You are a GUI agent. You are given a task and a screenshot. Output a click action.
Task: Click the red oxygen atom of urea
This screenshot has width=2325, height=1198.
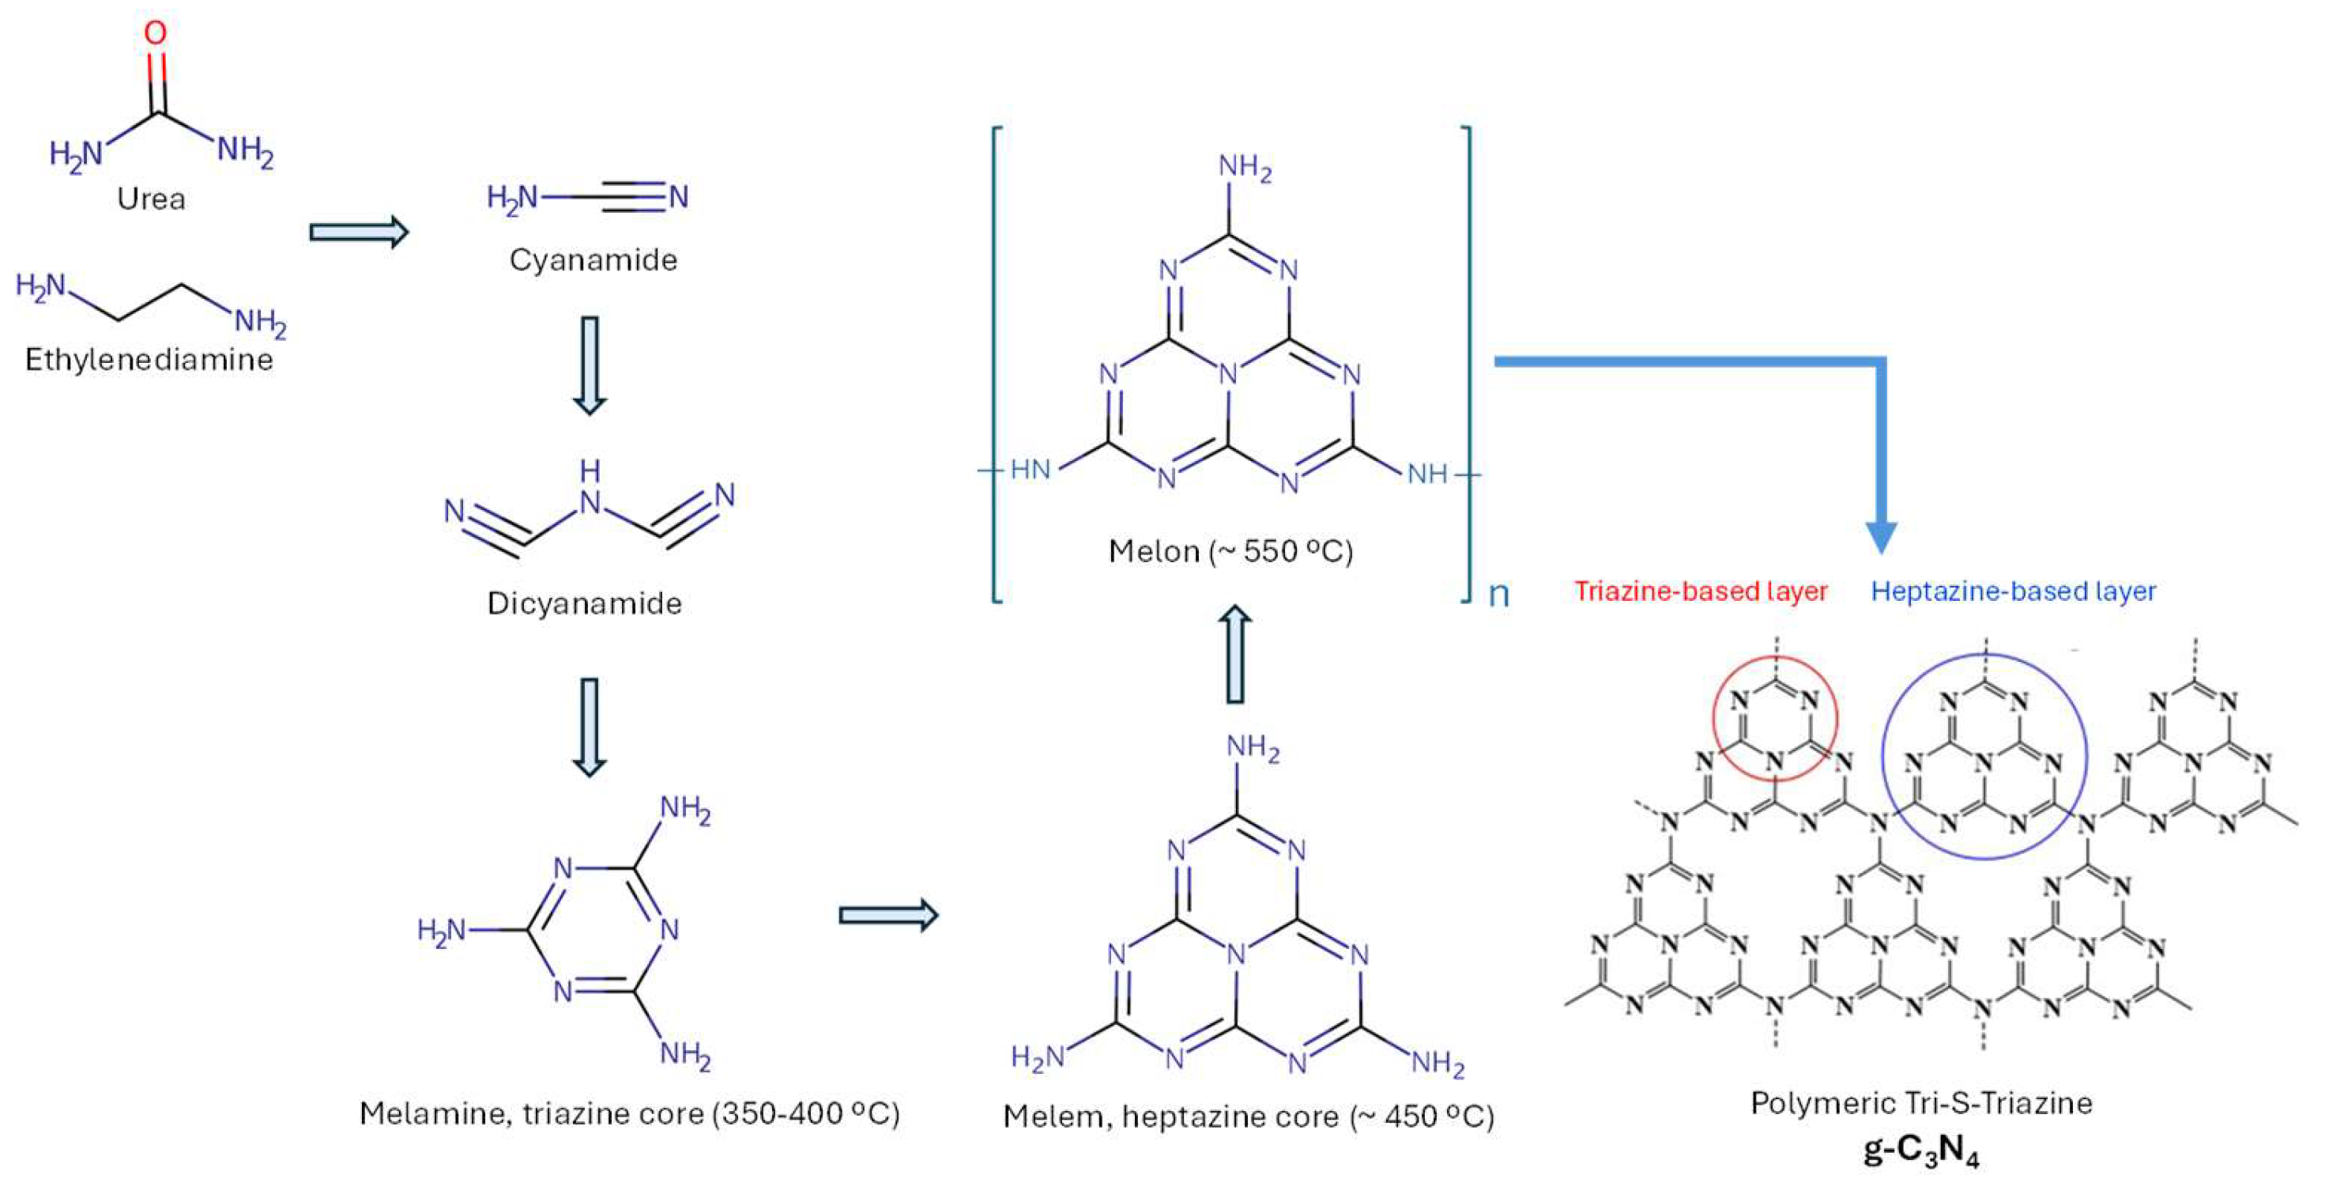155,32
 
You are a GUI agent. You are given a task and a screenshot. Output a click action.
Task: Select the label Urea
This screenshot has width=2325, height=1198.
151,198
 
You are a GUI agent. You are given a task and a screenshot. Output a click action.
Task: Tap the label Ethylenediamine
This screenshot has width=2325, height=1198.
149,359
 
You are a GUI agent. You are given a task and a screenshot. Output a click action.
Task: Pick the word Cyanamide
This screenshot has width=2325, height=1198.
593,260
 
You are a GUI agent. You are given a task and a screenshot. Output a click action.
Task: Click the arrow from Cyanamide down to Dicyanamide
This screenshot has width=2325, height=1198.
590,364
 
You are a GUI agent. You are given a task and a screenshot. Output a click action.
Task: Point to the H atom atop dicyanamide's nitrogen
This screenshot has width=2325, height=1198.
590,471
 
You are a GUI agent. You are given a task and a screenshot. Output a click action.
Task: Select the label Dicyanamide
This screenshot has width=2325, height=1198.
584,603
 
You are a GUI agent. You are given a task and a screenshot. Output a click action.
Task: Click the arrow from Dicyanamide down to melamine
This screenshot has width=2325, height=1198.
590,727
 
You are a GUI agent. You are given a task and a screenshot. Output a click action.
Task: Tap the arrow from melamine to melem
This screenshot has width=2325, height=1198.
888,916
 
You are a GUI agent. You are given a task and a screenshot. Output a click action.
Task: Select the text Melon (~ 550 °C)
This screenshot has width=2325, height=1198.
1231,550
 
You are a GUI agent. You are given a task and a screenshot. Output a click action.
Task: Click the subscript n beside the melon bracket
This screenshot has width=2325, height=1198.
1498,594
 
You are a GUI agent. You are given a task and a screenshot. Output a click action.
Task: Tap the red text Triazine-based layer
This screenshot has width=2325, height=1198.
1701,591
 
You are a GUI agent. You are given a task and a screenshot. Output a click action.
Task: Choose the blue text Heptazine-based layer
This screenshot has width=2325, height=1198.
2013,591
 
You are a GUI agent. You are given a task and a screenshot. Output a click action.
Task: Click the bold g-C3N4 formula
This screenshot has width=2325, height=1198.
1920,1153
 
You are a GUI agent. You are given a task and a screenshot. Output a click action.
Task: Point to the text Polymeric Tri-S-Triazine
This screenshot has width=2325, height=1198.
1920,1103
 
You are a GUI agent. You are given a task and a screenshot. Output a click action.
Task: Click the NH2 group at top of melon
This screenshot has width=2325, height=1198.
1245,168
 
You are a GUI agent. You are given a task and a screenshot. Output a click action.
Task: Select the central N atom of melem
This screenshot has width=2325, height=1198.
1237,954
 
